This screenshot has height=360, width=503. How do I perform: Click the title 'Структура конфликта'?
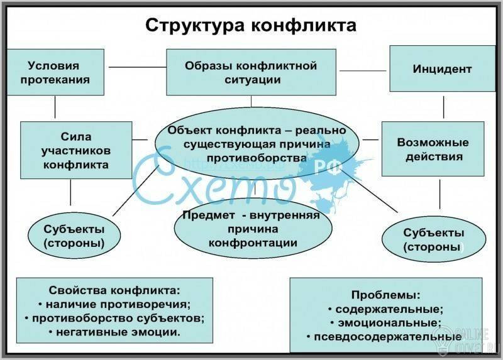tap(251, 26)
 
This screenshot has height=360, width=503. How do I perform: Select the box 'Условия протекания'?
tap(55, 72)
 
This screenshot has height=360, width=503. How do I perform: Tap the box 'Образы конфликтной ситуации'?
tap(251, 72)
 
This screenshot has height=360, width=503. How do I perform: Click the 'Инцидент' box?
tap(443, 68)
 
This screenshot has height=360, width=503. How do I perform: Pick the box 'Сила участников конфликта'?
tap(76, 150)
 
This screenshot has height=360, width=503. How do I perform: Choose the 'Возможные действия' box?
tap(433, 149)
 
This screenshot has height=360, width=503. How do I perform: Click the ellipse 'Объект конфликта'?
tap(257, 144)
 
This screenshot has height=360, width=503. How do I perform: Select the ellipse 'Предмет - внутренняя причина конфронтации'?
tap(253, 228)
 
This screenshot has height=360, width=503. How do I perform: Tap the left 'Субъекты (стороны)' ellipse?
tap(74, 236)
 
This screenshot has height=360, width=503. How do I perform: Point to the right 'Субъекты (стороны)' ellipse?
tap(434, 239)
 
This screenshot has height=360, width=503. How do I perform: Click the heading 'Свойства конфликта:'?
tap(114, 290)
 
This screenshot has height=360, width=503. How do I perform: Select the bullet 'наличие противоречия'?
tap(114, 304)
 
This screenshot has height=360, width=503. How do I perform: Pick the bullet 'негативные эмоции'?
tap(114, 332)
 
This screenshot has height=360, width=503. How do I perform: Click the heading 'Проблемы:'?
tap(385, 295)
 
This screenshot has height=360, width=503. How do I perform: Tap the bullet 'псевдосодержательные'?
tap(384, 337)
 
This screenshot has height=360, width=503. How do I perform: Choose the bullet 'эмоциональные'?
tap(385, 322)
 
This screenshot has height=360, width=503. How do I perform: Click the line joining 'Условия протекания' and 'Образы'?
tap(137, 67)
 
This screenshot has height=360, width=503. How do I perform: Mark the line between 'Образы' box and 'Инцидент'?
tap(363, 70)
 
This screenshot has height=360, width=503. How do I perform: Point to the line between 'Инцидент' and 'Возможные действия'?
tap(444, 107)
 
